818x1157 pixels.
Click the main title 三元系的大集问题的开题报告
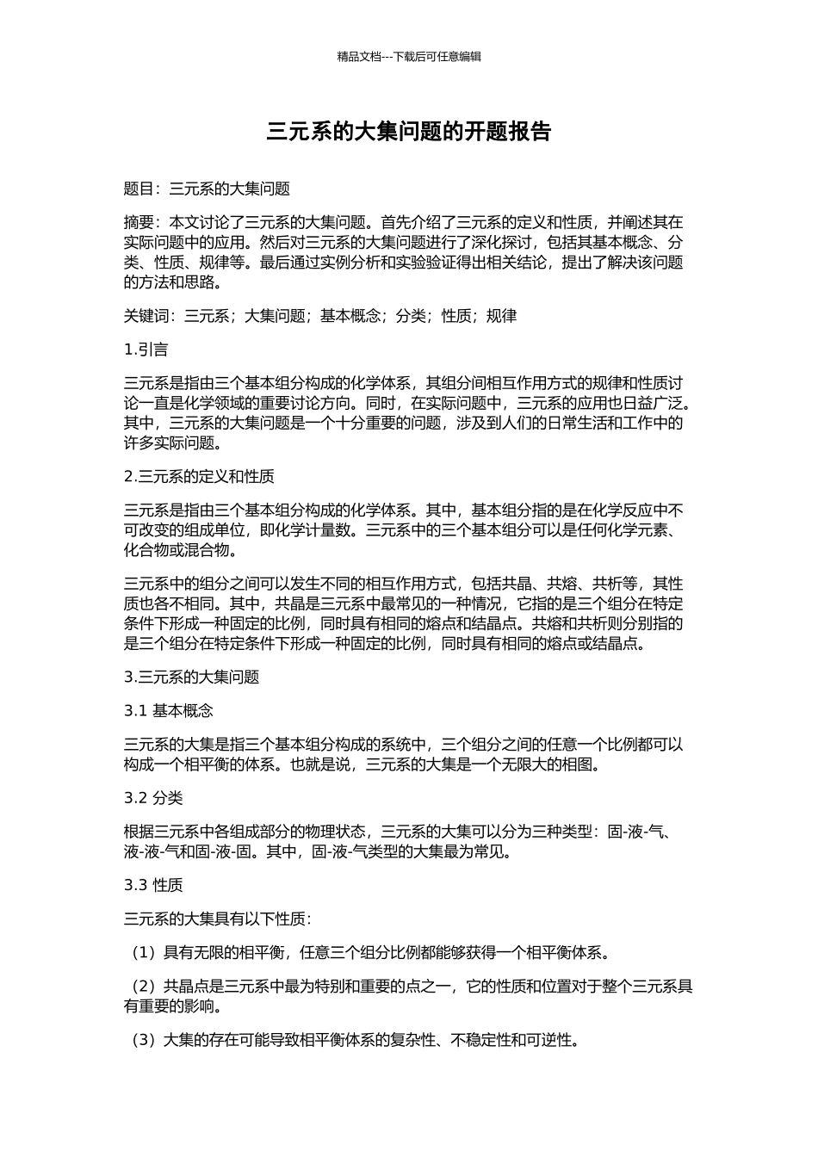click(x=408, y=132)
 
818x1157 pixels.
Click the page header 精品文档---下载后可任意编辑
click(x=408, y=57)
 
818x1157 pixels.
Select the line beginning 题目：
click(x=207, y=189)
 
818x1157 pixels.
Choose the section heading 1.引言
click(x=146, y=350)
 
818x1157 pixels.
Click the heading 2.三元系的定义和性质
click(x=199, y=476)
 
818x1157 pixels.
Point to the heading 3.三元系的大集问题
click(x=191, y=677)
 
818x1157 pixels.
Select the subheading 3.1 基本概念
click(x=169, y=710)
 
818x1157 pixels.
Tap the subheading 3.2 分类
click(x=153, y=798)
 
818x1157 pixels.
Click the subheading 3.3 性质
click(x=153, y=885)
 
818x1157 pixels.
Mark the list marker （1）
click(x=143, y=953)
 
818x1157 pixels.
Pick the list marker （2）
click(x=143, y=987)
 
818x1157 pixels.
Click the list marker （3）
click(x=143, y=1040)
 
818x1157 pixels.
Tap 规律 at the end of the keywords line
click(x=501, y=316)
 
